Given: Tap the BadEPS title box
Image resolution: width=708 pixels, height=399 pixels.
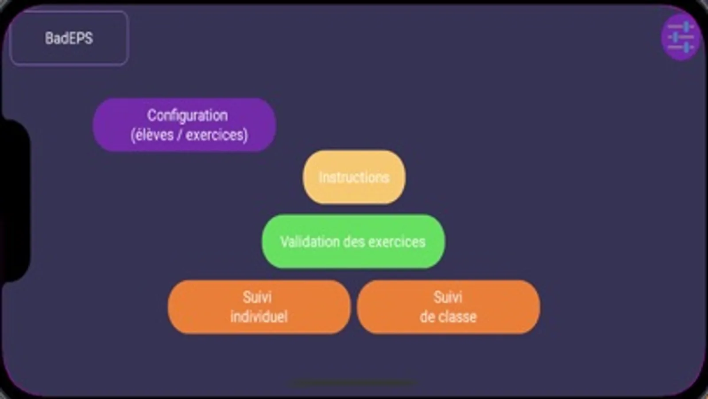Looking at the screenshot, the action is pos(69,38).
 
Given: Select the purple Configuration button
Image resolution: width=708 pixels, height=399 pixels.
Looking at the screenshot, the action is pos(184,125).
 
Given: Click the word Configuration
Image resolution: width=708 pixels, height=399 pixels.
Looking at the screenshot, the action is pos(187,116).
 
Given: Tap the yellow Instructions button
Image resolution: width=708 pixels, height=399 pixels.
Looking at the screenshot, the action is pos(354,177).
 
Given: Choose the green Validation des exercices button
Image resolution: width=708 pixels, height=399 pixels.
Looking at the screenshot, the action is pos(353,242).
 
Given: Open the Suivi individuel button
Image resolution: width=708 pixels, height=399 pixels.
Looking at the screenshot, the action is pos(259,307).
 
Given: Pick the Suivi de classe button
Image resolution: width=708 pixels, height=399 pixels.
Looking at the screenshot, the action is pos(449,307).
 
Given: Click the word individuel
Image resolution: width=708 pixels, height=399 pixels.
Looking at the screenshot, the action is pos(259,317).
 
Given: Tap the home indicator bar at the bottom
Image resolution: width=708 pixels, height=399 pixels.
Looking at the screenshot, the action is pos(353,383).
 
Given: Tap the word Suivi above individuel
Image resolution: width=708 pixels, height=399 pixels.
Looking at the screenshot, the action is pos(257,297).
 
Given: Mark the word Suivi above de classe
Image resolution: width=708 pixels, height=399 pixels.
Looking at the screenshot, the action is pos(448,297).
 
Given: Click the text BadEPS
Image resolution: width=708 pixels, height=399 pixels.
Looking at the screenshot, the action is pos(69,38).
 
